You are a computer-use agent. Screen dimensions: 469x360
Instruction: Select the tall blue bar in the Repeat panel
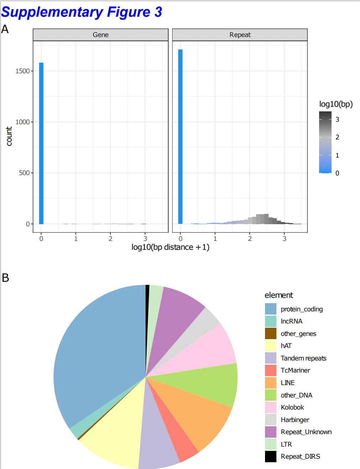point(180,137)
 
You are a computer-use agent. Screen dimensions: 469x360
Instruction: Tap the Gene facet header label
point(101,35)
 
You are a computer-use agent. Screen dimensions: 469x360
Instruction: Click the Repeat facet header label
point(240,35)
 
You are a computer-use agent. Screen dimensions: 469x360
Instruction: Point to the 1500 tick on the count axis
point(22,71)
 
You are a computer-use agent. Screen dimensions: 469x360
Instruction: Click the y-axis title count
point(9,136)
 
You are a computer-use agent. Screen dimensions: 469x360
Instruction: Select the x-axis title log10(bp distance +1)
point(170,247)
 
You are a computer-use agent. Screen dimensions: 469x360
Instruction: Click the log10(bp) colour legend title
point(336,104)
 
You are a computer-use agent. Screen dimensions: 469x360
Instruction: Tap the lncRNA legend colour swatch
point(271,321)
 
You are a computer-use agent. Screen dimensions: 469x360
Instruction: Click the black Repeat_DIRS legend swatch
point(271,457)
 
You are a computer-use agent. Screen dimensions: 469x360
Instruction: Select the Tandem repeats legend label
point(303,358)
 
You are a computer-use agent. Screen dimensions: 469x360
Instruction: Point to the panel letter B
point(5,278)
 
